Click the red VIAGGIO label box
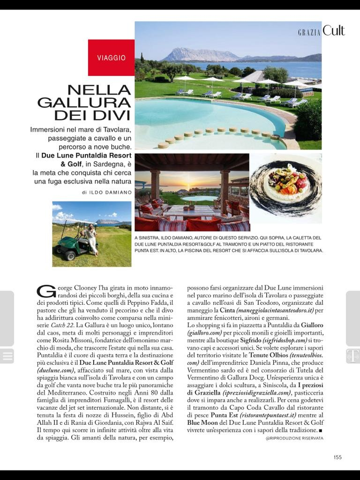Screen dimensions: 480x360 click(x=111, y=58)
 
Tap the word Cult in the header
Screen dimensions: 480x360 click(x=334, y=31)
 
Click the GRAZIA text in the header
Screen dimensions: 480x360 click(x=309, y=32)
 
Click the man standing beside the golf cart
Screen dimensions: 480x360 click(x=92, y=238)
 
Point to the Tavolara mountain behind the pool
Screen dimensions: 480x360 click(x=199, y=55)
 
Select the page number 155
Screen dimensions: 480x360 click(x=337, y=457)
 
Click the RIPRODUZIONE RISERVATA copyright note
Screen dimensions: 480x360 click(x=294, y=438)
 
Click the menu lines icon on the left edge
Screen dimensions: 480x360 click(x=7, y=356)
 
